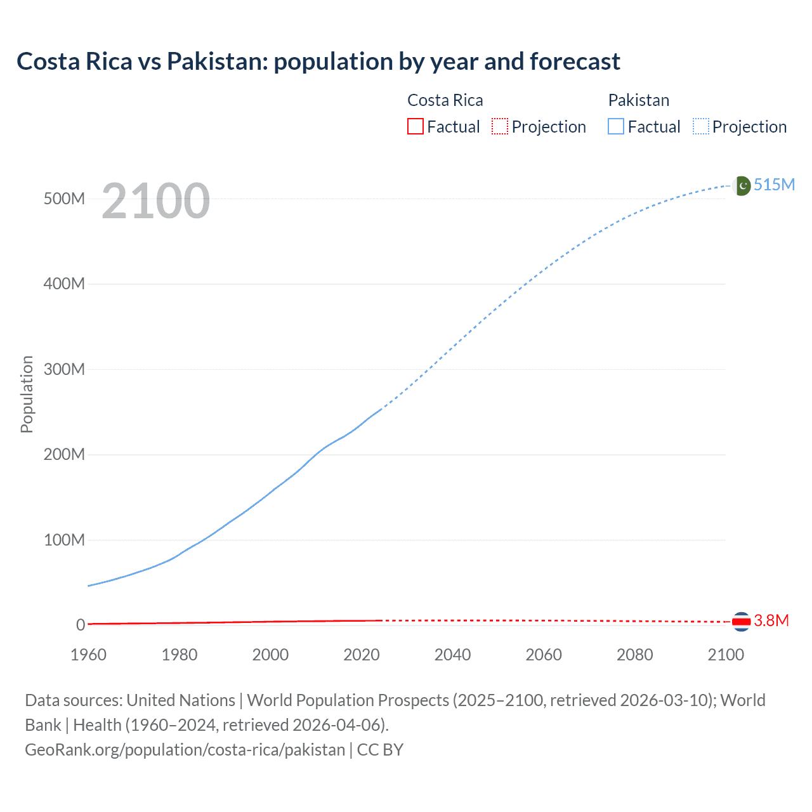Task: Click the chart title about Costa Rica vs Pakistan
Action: (x=318, y=62)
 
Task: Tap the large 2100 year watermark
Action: (x=155, y=201)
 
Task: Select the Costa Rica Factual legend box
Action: (x=415, y=127)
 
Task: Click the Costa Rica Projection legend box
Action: (x=500, y=127)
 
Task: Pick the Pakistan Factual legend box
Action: (x=616, y=127)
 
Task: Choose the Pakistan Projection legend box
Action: (x=701, y=127)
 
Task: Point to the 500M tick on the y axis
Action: (x=64, y=199)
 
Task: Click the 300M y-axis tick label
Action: (x=64, y=369)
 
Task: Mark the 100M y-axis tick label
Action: (x=64, y=540)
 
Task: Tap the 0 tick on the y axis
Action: (x=81, y=625)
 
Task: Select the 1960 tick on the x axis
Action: (x=88, y=655)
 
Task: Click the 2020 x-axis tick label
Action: (x=362, y=655)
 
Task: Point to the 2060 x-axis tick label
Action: (x=544, y=655)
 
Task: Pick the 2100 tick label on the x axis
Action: (x=726, y=655)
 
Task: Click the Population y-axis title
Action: (x=27, y=394)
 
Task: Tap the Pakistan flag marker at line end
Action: (x=742, y=185)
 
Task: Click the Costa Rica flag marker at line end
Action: (x=741, y=622)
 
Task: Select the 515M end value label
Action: (x=774, y=185)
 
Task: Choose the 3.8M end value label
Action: (x=771, y=620)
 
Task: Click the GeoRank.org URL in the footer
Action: (x=185, y=750)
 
